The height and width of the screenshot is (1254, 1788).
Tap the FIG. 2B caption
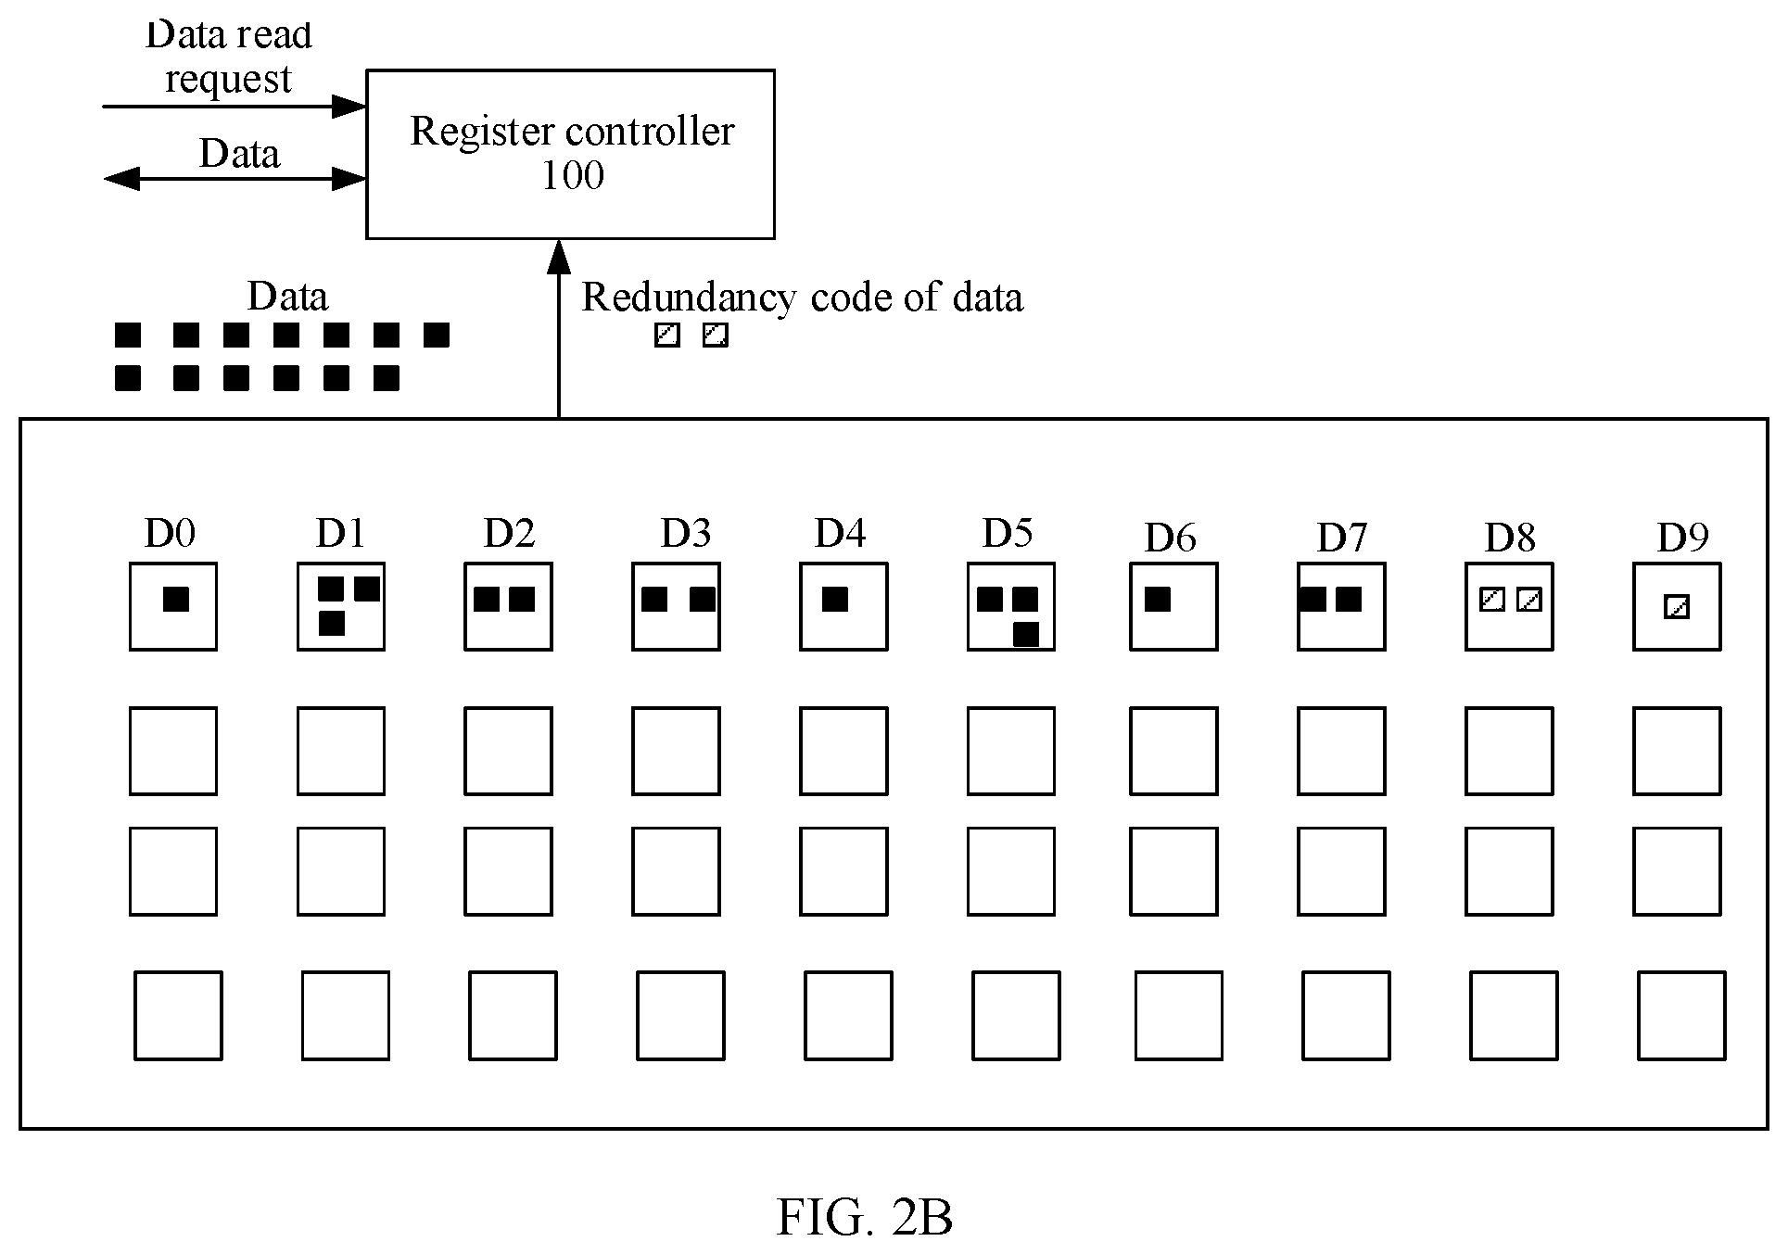(865, 1217)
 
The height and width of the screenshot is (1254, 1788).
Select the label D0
(171, 533)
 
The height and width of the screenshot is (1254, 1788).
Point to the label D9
(1682, 537)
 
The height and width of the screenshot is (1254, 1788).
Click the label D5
(1008, 533)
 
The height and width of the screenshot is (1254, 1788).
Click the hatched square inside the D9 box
(1677, 608)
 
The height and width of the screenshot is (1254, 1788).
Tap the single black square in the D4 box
(835, 600)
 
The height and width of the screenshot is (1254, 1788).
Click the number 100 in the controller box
(573, 175)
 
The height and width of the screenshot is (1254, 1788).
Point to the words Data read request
(229, 57)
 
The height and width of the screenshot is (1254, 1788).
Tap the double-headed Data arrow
(235, 179)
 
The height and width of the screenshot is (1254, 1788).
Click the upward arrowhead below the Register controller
(559, 258)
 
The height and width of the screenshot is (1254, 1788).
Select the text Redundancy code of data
(803, 298)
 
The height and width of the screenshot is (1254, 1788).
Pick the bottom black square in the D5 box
(1026, 635)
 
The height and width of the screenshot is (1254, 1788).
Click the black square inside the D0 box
(176, 600)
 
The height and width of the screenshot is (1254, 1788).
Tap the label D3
(686, 533)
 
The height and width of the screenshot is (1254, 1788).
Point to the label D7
(1342, 537)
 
